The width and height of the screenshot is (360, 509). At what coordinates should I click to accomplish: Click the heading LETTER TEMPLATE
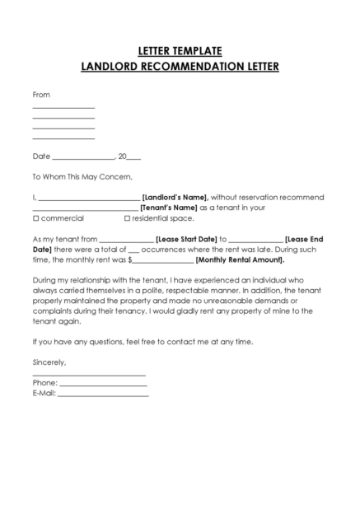pos(180,51)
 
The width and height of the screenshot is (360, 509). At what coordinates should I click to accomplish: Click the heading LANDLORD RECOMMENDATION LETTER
pos(180,66)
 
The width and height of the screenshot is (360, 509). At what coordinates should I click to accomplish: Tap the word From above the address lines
pos(41,95)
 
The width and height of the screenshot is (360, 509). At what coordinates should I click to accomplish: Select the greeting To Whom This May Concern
pos(82,176)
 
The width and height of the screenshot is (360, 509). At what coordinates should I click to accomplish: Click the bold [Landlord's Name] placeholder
pos(175,198)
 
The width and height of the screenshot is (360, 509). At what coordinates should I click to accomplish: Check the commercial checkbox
pos(35,219)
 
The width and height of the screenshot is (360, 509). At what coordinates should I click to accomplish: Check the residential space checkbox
pos(127,219)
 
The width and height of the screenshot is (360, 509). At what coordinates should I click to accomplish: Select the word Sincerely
pos(49,362)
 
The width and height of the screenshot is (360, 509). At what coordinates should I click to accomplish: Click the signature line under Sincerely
pos(89,375)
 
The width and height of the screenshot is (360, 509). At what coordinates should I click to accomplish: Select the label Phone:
pos(44,383)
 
